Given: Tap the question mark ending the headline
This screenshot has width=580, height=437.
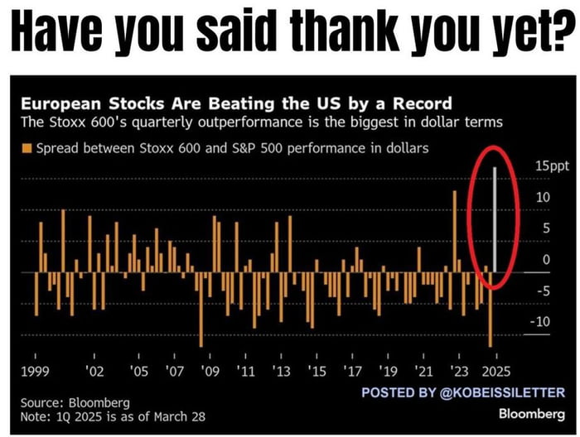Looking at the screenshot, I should (x=564, y=34).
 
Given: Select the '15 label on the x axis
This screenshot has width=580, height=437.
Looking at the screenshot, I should (x=317, y=372).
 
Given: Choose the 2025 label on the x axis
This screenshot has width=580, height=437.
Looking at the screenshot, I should (x=494, y=372).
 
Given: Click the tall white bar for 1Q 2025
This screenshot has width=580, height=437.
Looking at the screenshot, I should (x=495, y=219).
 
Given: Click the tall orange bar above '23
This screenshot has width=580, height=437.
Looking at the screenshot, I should (x=456, y=232).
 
